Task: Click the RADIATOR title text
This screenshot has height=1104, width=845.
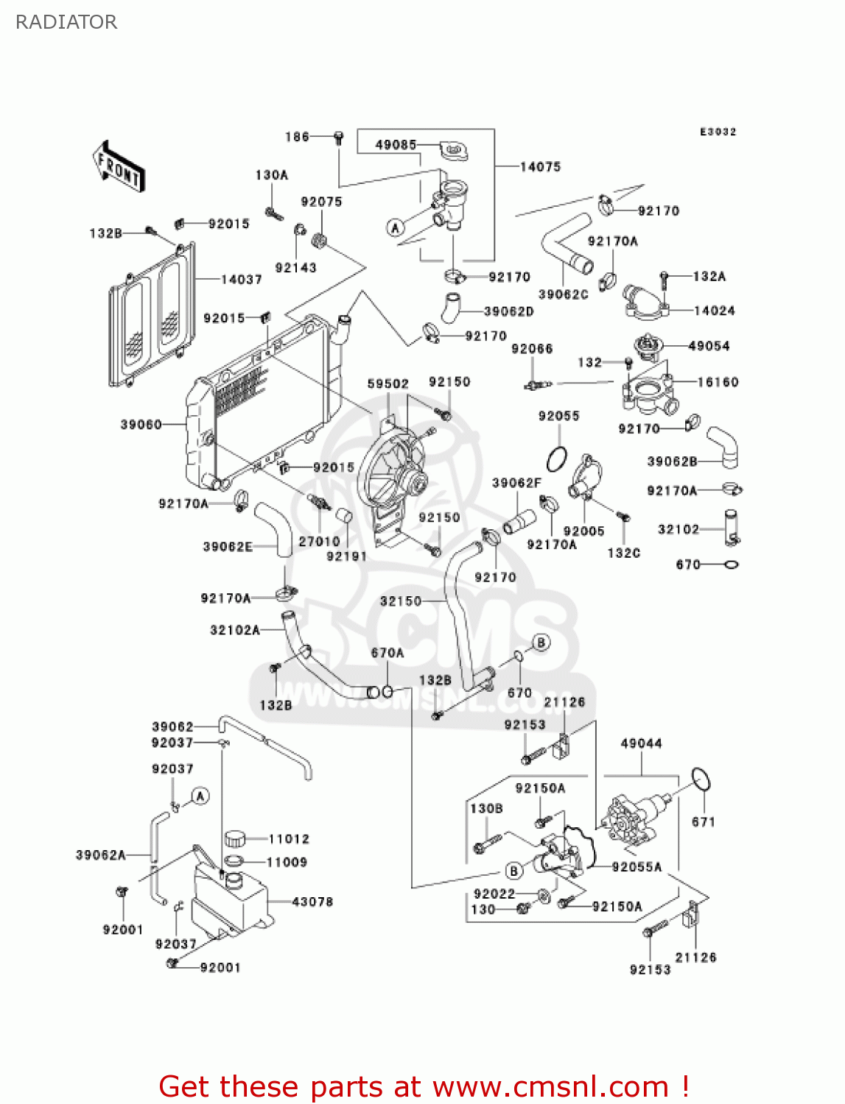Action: pyautogui.click(x=66, y=22)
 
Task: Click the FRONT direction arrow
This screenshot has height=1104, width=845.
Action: pyautogui.click(x=119, y=167)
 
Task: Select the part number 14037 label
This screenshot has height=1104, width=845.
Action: pyautogui.click(x=241, y=280)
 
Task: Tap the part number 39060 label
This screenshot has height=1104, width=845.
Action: pyautogui.click(x=141, y=425)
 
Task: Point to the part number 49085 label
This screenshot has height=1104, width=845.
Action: pyautogui.click(x=396, y=145)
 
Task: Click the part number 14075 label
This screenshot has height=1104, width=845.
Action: pyautogui.click(x=540, y=167)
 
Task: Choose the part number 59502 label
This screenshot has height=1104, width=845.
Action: pyautogui.click(x=388, y=384)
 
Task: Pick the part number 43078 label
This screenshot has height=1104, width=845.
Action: pyautogui.click(x=312, y=902)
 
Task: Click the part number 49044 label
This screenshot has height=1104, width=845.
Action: pyautogui.click(x=641, y=743)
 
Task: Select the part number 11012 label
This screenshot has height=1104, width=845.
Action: pyautogui.click(x=289, y=839)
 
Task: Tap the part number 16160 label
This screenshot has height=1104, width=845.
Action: pyautogui.click(x=718, y=382)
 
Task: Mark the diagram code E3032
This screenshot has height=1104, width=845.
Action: pyautogui.click(x=718, y=132)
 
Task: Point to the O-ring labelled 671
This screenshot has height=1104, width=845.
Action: pyautogui.click(x=701, y=779)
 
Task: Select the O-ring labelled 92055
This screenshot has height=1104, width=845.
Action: pyautogui.click(x=557, y=459)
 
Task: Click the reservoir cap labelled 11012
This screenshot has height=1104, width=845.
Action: pyautogui.click(x=234, y=838)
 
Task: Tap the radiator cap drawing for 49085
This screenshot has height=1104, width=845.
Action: pyautogui.click(x=454, y=151)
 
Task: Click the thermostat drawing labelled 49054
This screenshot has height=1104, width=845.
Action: pyautogui.click(x=647, y=347)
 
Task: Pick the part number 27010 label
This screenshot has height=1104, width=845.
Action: pyautogui.click(x=319, y=542)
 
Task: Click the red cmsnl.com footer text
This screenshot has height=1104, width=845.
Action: pyautogui.click(x=424, y=1087)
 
